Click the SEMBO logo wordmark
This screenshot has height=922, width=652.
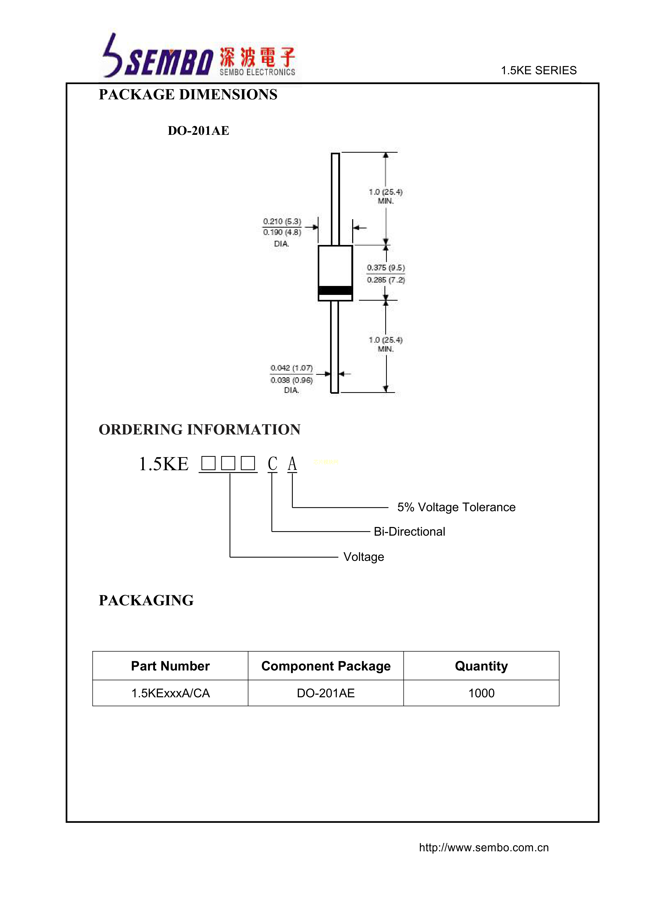click(169, 63)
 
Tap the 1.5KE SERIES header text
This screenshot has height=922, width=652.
click(538, 71)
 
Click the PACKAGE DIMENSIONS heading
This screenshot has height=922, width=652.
click(188, 95)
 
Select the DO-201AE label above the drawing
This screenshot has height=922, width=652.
click(198, 131)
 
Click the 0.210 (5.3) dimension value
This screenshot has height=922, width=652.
click(282, 222)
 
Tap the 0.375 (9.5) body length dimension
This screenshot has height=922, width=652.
click(386, 268)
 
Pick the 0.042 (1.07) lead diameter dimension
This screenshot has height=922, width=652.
click(291, 368)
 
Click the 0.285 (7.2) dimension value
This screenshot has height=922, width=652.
click(386, 280)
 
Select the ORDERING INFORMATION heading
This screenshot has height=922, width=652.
click(199, 430)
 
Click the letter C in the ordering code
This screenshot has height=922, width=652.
click(273, 464)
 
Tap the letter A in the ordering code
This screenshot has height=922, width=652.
click(292, 464)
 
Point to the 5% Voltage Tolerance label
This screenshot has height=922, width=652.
click(456, 507)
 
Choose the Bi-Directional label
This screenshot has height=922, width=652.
click(409, 532)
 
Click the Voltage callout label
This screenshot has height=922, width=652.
click(363, 557)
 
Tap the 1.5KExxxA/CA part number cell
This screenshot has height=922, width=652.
click(171, 693)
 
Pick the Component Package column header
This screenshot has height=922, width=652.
click(326, 666)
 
